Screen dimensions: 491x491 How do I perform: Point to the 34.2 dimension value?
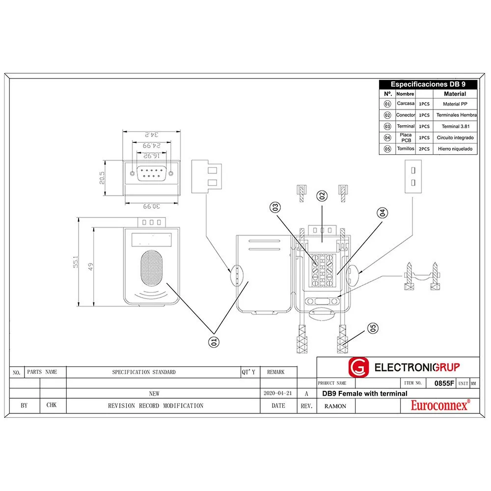pos(152,134)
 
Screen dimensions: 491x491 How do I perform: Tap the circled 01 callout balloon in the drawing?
pos(213,341)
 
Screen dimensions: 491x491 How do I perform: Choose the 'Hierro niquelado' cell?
pos(455,149)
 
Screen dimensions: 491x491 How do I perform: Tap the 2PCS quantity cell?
pos(424,149)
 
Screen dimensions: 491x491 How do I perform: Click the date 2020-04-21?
pos(278,394)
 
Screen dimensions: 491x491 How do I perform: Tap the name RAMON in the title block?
pos(335,406)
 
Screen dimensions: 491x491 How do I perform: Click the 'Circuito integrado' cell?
pos(455,138)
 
